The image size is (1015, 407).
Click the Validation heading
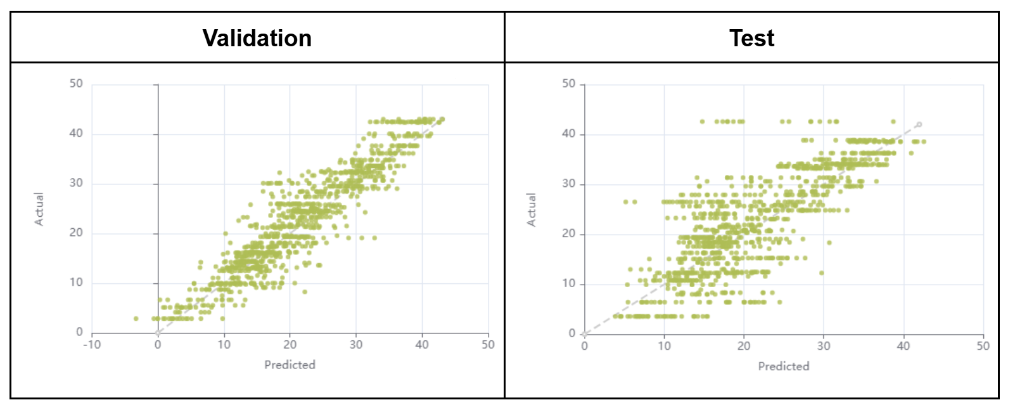tap(257, 38)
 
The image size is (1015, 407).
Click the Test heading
tap(751, 38)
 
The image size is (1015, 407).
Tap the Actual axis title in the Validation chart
tap(39, 209)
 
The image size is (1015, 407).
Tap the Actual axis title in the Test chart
tap(532, 210)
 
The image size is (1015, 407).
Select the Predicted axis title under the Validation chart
tap(290, 365)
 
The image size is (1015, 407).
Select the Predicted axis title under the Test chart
tap(783, 366)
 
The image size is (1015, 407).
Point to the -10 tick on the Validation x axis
tap(93, 345)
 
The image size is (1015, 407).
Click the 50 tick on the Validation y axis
tap(76, 84)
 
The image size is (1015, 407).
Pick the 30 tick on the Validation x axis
tap(356, 345)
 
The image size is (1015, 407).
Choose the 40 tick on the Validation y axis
tap(76, 133)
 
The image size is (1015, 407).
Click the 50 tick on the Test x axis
tap(983, 346)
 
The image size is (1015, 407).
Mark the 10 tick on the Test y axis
tap(569, 283)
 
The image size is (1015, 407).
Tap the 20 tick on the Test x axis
tap(744, 346)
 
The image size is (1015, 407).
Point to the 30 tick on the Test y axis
tap(569, 184)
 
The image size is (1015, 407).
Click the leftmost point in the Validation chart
tap(136, 318)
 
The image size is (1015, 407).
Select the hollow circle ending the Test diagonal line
tap(919, 124)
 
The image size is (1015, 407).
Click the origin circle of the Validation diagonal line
tap(158, 333)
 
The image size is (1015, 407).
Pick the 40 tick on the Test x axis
tap(903, 346)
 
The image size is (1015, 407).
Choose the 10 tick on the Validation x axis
tap(224, 345)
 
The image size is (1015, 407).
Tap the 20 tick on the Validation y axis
tap(76, 233)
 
